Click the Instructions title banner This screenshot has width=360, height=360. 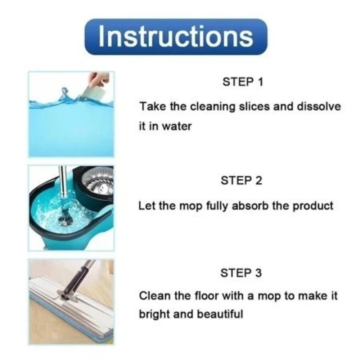coord(176,36)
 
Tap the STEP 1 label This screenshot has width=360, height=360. coord(243,82)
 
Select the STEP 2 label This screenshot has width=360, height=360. coord(241,180)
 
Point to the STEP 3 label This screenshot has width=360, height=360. coord(241,273)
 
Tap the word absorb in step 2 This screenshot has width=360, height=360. coord(249,206)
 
